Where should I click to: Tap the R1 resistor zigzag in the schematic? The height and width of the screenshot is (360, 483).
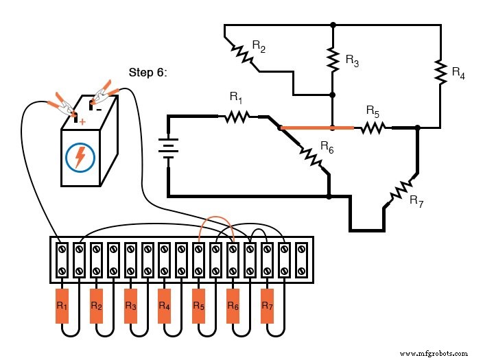235,117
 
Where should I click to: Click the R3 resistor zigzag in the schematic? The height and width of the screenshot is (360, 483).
333,60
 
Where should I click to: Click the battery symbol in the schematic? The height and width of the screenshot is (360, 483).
168,147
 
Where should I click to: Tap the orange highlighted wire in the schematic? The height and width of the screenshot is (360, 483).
317,128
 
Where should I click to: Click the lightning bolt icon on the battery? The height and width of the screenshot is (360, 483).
80,157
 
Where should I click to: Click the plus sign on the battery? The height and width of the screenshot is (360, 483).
82,121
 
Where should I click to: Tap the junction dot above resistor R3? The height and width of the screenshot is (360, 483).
333,25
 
